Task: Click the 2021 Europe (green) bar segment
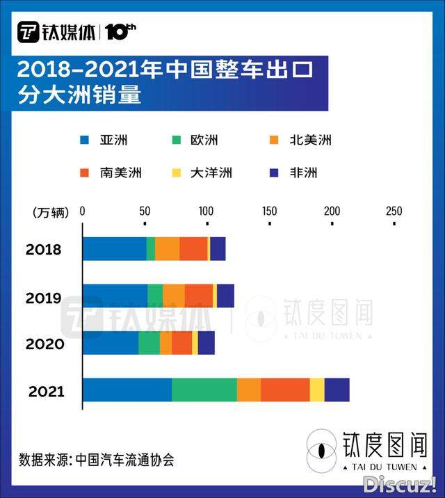click(204, 390)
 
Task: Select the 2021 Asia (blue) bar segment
click(127, 390)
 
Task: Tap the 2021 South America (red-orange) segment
click(285, 390)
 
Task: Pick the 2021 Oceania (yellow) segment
click(317, 390)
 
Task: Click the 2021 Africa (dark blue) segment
click(337, 390)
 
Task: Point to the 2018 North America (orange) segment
click(167, 249)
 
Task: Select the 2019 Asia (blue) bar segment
click(115, 296)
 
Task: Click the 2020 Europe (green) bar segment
click(149, 343)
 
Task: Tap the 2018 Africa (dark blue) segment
click(218, 249)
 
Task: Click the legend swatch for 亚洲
click(86, 140)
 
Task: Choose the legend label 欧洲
click(204, 140)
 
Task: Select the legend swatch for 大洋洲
click(177, 172)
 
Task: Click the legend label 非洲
click(304, 172)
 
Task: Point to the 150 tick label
click(269, 211)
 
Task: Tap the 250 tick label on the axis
click(394, 211)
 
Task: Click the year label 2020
click(45, 344)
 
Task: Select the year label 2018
click(44, 250)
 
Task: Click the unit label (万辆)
click(51, 212)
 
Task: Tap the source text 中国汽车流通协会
click(124, 460)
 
